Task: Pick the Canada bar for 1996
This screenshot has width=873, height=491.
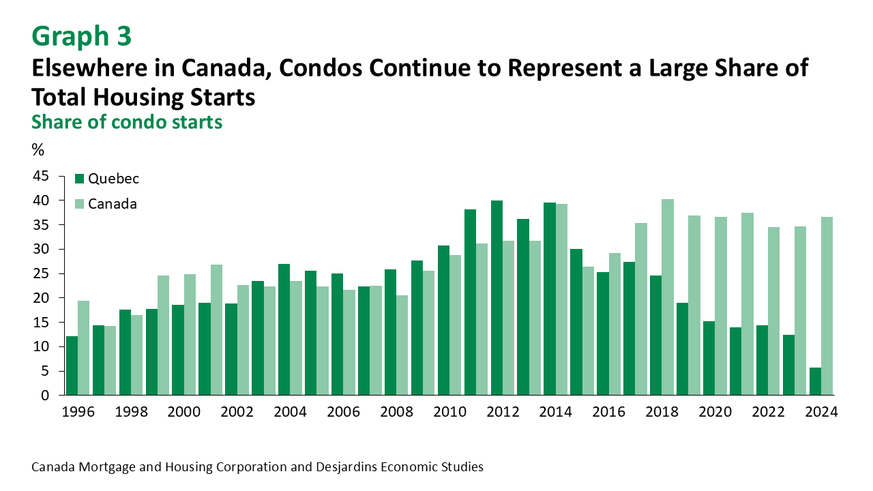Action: pyautogui.click(x=84, y=348)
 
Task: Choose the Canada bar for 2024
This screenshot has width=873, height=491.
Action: pyautogui.click(x=827, y=306)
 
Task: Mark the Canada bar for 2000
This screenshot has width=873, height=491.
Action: pyautogui.click(x=190, y=335)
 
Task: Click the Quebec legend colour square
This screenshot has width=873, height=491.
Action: pyautogui.click(x=79, y=179)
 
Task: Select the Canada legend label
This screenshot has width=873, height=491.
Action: pyautogui.click(x=113, y=204)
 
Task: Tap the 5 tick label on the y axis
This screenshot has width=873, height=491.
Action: pyautogui.click(x=44, y=371)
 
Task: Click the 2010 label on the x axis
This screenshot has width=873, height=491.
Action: pyautogui.click(x=449, y=412)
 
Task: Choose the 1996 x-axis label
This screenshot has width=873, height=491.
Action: pyautogui.click(x=78, y=412)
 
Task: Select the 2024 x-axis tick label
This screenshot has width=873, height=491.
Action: pyautogui.click(x=821, y=412)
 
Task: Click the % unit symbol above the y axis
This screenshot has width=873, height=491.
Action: pyautogui.click(x=38, y=149)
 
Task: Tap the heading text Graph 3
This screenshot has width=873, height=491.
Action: pyautogui.click(x=81, y=36)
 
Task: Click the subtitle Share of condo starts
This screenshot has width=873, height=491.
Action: pyautogui.click(x=127, y=122)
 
